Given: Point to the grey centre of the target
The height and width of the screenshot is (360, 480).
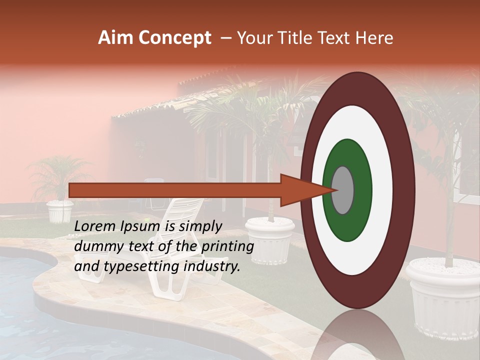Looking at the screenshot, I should click(x=342, y=190).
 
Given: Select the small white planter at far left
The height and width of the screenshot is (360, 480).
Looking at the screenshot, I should click(x=60, y=211).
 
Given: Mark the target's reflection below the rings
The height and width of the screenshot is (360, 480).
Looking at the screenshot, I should click(x=357, y=335).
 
